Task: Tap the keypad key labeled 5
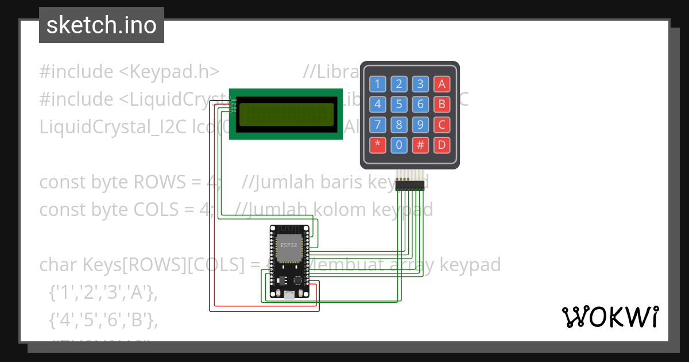[x=399, y=104]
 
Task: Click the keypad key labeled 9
[x=420, y=124]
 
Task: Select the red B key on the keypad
[x=442, y=104]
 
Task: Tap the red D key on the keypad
[x=442, y=144]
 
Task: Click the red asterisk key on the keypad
[x=377, y=144]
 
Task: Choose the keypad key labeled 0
[x=399, y=144]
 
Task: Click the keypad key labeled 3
[x=420, y=84]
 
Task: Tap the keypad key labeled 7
[x=377, y=124]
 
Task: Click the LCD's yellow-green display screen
[x=286, y=114]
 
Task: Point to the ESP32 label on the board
[x=289, y=245]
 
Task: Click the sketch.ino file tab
[x=102, y=25]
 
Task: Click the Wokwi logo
[x=610, y=317]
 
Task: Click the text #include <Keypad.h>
[x=129, y=72]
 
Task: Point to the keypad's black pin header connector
[x=409, y=185]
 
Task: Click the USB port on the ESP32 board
[x=289, y=295]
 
